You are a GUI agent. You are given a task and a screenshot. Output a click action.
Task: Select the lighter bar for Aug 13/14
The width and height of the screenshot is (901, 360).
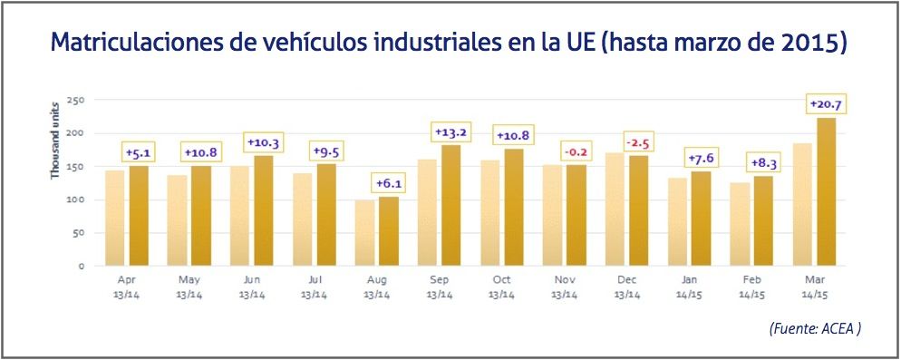[x=364, y=233]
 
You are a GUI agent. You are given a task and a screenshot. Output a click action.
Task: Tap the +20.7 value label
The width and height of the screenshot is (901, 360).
[x=826, y=105]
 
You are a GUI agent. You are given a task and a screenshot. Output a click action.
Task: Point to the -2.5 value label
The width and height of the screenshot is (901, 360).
[x=639, y=143]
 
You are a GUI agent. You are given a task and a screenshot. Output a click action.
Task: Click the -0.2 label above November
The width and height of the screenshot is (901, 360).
[x=576, y=151]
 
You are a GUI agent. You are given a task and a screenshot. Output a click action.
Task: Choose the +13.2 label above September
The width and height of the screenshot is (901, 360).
[x=450, y=132]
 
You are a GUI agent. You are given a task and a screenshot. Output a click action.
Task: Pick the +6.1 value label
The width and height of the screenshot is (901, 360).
[x=388, y=184]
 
